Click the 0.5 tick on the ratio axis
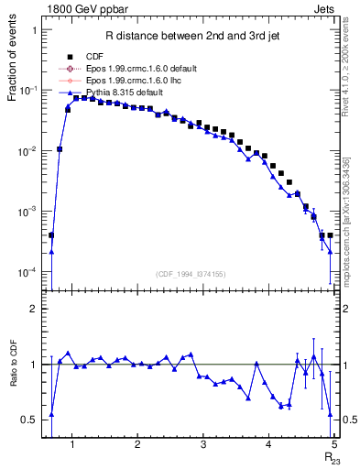click(x=29, y=420)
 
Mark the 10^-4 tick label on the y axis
click(x=26, y=272)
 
